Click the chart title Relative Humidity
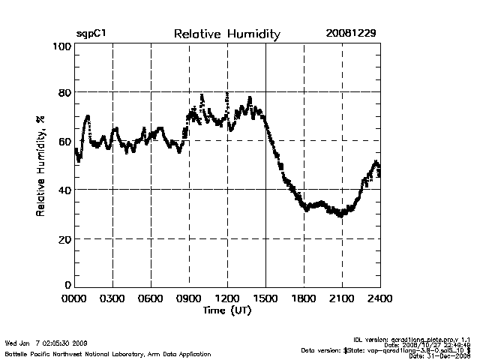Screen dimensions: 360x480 pyautogui.click(x=226, y=34)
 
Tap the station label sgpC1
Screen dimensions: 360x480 pyautogui.click(x=89, y=34)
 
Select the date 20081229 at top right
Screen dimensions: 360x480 pyautogui.click(x=351, y=34)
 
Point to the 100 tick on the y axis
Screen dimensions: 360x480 pyautogui.click(x=61, y=46)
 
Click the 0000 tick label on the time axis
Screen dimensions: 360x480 pyautogui.click(x=74, y=298)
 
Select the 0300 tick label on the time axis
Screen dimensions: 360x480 pyautogui.click(x=112, y=298)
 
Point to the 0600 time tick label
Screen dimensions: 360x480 pyautogui.click(x=151, y=298)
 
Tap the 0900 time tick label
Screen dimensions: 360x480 pyautogui.click(x=189, y=298)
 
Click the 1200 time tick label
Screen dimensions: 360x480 pyautogui.click(x=227, y=298)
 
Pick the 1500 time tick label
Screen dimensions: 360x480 pyautogui.click(x=265, y=298)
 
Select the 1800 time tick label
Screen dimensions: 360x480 pyautogui.click(x=304, y=298)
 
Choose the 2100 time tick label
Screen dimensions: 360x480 pyautogui.click(x=342, y=298)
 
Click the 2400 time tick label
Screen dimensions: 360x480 pyautogui.click(x=380, y=298)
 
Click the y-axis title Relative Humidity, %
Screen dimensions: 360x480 pyautogui.click(x=39, y=166)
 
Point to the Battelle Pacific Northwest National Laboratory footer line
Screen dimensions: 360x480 pyautogui.click(x=107, y=352)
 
